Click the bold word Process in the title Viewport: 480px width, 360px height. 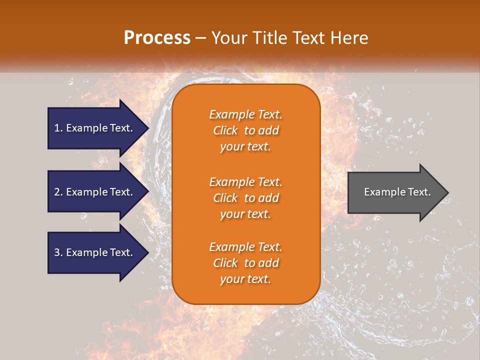(x=157, y=37)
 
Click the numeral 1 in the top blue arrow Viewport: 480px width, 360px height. (x=57, y=128)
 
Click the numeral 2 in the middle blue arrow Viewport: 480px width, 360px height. (x=57, y=192)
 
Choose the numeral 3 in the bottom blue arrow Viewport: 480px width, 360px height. (x=57, y=252)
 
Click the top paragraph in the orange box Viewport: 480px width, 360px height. (x=245, y=130)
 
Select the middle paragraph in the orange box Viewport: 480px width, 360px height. (x=245, y=198)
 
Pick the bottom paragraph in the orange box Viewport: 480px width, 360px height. (x=245, y=263)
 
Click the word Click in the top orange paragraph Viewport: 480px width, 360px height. (x=225, y=130)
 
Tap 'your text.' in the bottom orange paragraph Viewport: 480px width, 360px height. (x=245, y=279)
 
